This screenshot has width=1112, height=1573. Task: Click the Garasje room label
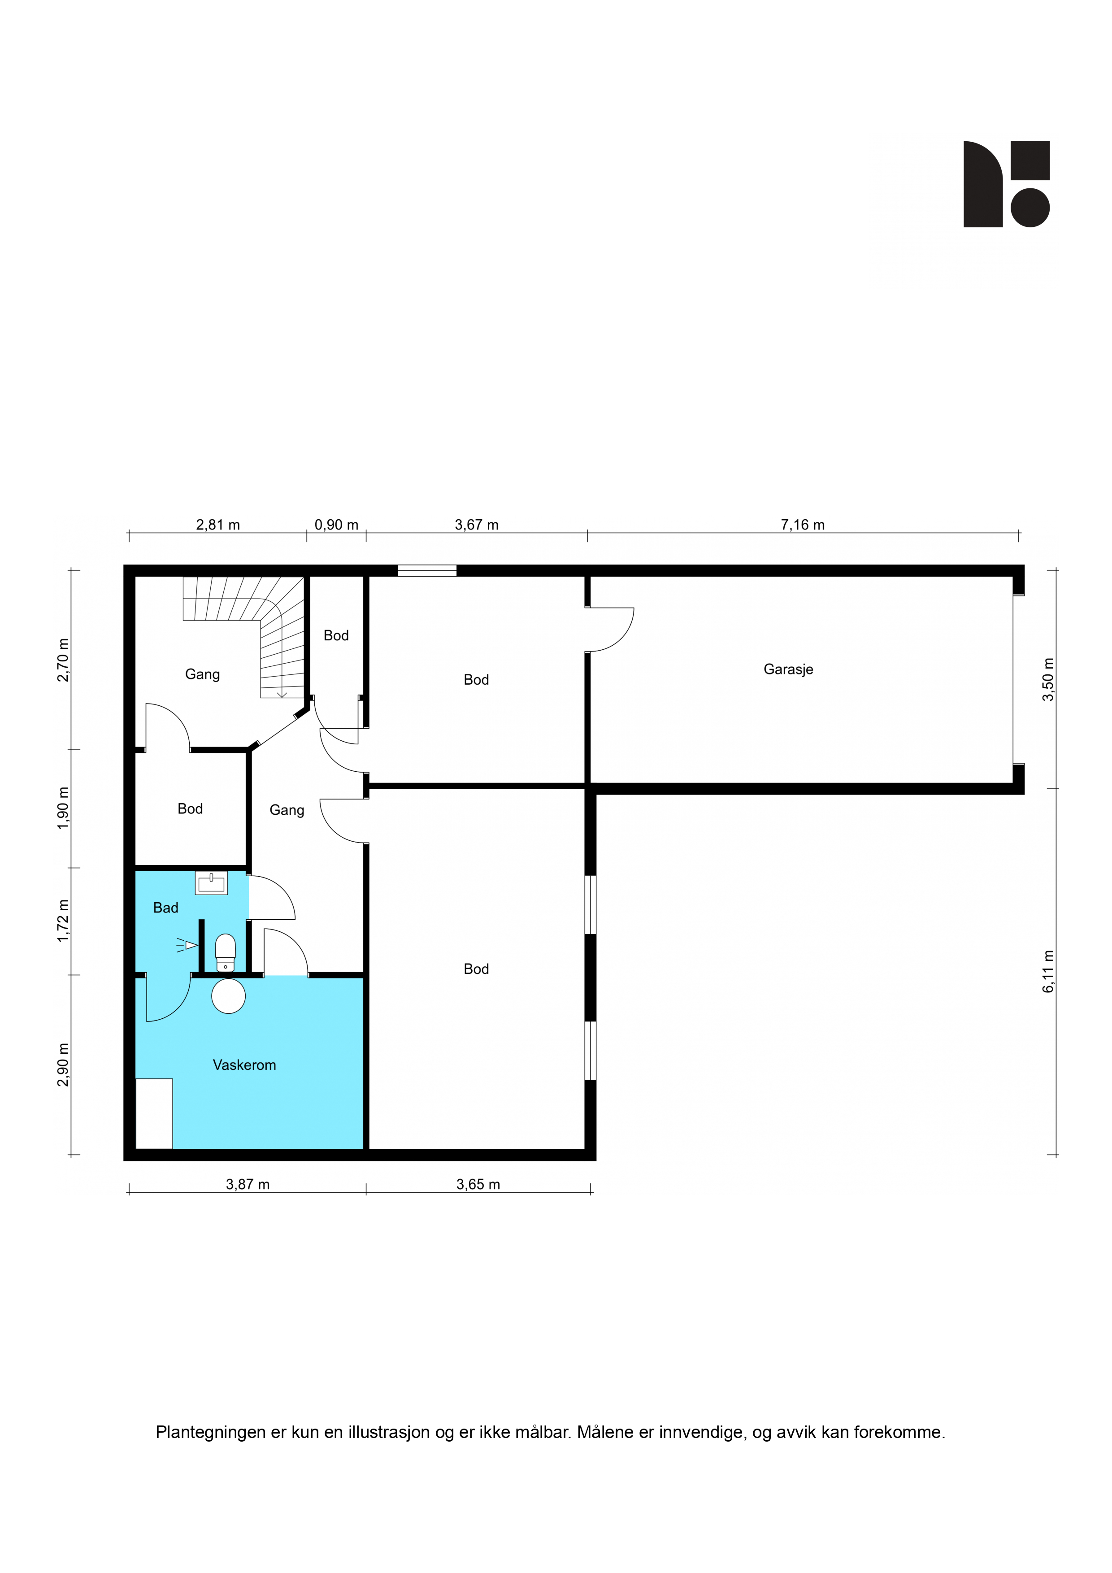[x=788, y=669]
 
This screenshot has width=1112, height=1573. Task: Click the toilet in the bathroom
[x=226, y=953]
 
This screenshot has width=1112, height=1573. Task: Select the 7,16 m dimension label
[x=802, y=525]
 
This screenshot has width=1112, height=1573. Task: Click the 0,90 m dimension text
[x=336, y=525]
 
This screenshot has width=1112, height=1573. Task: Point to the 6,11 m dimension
[x=1048, y=972]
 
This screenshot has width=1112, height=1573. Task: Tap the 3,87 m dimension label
[x=248, y=1185]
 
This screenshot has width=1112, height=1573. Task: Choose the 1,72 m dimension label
[x=63, y=921]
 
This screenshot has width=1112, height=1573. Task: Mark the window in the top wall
[x=427, y=570]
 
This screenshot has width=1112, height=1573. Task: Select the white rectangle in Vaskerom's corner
[x=154, y=1113]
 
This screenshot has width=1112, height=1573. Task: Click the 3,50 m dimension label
[x=1048, y=679]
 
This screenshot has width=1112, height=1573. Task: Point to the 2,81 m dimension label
[x=218, y=525]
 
